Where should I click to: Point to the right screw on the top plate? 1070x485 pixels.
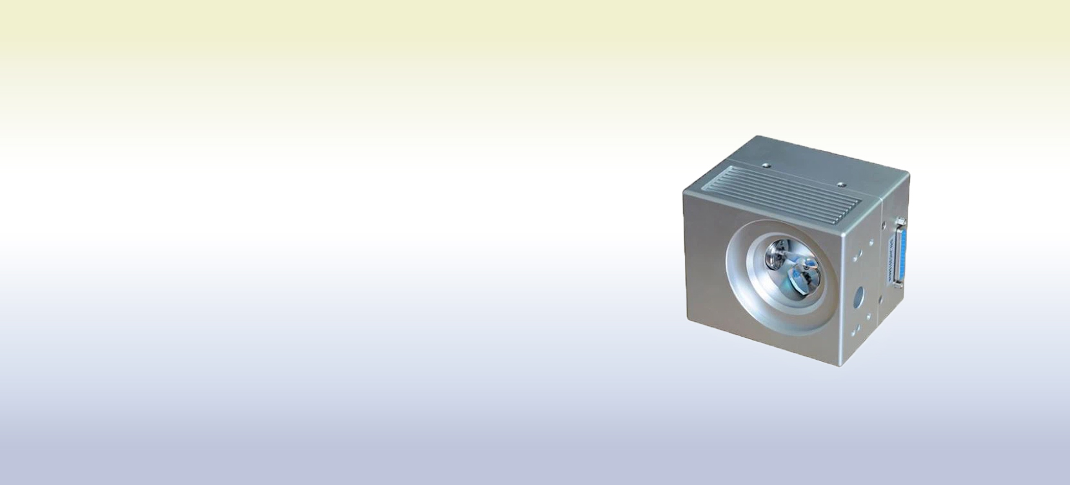pyautogui.click(x=841, y=184)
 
